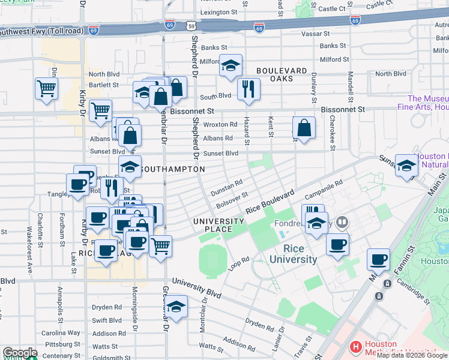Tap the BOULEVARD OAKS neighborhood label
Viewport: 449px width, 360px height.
[x=274, y=74]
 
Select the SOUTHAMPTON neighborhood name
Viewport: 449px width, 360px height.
[x=173, y=170]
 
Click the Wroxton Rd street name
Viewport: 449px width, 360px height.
[x=220, y=125]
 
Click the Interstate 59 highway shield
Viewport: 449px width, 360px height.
[x=190, y=26]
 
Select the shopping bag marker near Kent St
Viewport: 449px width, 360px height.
[x=304, y=128]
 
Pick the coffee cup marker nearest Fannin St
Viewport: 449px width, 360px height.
[x=379, y=260]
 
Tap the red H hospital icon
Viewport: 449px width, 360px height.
[x=356, y=347]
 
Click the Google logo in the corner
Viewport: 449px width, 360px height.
[x=19, y=353]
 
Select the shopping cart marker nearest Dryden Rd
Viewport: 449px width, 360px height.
[x=160, y=246]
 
